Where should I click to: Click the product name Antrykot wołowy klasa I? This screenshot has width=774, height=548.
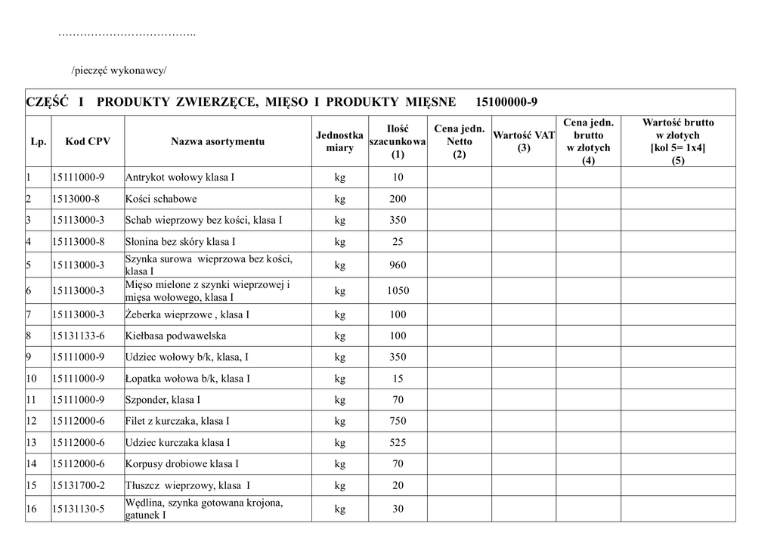point(180,178)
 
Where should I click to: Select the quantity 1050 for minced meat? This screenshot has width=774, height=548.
point(398,290)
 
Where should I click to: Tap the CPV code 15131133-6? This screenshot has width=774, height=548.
point(79,336)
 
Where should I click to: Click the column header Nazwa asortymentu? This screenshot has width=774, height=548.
point(218,141)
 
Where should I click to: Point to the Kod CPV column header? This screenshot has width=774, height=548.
point(88,141)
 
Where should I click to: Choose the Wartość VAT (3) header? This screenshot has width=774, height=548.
point(524,141)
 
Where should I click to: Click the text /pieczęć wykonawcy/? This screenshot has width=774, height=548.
point(119,71)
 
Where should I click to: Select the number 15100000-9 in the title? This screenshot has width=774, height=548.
point(507,102)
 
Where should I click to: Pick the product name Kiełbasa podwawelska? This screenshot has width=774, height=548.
point(175,336)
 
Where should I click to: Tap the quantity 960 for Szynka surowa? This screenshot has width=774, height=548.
point(398,265)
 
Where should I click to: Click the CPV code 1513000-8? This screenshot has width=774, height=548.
point(76,199)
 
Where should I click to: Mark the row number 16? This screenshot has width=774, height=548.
point(32,509)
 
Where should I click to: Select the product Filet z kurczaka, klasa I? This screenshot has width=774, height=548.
point(178,421)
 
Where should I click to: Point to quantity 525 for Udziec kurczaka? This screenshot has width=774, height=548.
point(398,442)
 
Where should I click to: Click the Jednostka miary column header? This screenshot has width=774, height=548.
point(339,141)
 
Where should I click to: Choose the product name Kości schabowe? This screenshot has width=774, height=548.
point(161,199)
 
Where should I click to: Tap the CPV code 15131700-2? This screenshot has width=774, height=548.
point(79,485)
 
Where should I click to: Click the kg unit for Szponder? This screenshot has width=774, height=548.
point(339,400)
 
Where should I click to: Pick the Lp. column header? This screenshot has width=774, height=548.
point(39,141)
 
